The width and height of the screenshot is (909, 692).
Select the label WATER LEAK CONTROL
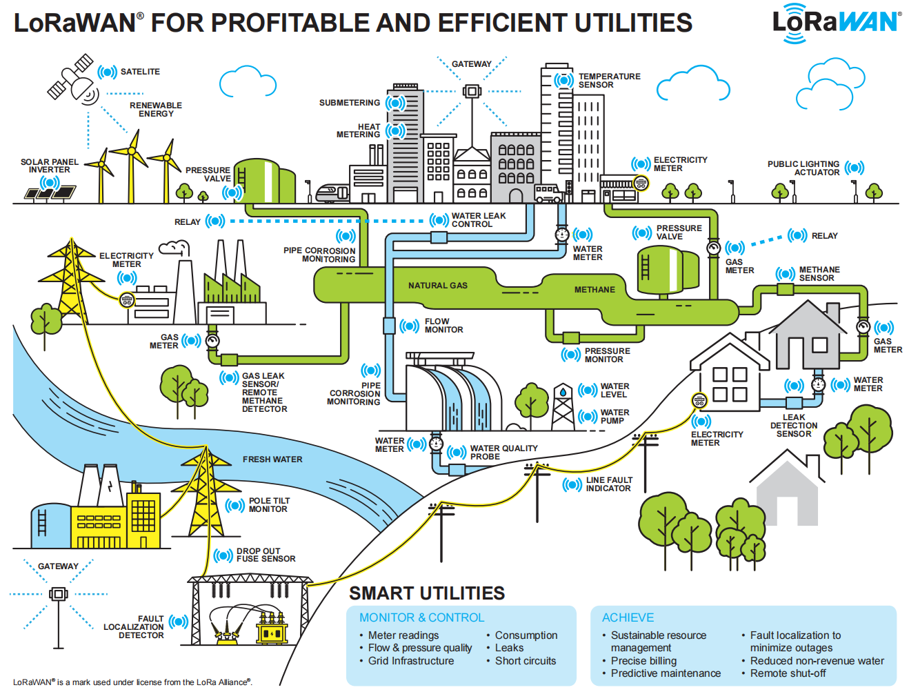pos(478,220)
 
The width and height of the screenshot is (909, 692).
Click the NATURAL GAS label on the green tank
pos(437,286)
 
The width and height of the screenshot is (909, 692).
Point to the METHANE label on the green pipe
pos(595,290)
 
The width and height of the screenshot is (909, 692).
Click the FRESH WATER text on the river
pos(272,459)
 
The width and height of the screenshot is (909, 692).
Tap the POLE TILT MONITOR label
pos(269,505)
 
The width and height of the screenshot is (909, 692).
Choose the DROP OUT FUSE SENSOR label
pos(266,555)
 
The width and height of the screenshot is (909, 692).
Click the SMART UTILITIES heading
pos(427,593)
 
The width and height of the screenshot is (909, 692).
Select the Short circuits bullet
pos(525,661)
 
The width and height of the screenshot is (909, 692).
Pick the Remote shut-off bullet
pos(788,673)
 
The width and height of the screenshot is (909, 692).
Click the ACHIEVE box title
pos(628,617)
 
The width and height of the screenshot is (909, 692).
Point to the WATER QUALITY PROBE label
pos(503,453)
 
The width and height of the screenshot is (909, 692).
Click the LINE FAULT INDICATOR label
pos(608,484)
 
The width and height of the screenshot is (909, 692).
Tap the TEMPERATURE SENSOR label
pos(609,81)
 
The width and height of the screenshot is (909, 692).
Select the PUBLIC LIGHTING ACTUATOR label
pos(804,168)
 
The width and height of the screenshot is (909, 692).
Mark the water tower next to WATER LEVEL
pos(563,407)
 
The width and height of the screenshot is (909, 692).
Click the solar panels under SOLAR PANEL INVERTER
pos(50,192)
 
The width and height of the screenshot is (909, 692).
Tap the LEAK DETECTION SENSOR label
pos(794,426)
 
